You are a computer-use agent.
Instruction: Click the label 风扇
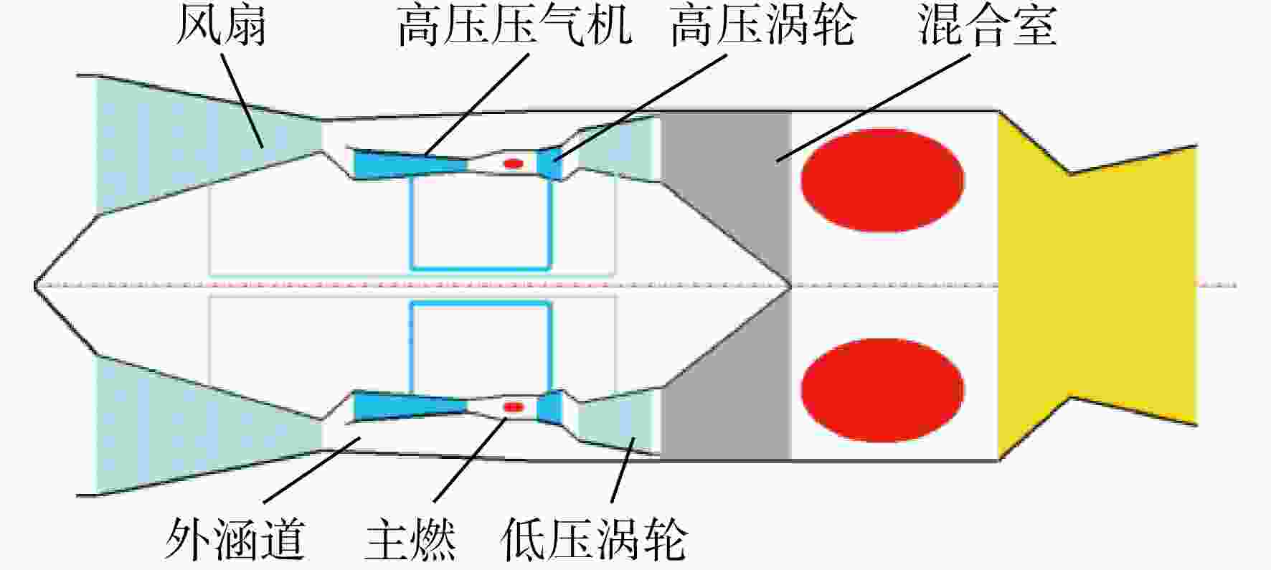[x=221, y=27]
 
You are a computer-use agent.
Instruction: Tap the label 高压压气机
[x=514, y=27]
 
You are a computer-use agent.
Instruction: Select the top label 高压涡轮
[x=762, y=27]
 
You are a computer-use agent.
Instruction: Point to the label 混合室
[x=988, y=27]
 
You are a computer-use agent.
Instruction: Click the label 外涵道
[x=235, y=539]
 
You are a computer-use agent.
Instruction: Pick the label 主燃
[x=410, y=539]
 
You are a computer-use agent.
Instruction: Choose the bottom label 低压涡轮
[x=593, y=539]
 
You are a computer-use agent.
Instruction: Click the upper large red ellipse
[x=882, y=180]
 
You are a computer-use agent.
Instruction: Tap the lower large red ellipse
[x=882, y=390]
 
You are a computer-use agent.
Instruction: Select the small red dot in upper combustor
[x=513, y=163]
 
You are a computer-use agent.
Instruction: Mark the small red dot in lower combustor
[x=513, y=407]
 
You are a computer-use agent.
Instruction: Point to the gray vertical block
[x=725, y=285]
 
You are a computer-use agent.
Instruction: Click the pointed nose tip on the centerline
[x=35, y=285]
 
